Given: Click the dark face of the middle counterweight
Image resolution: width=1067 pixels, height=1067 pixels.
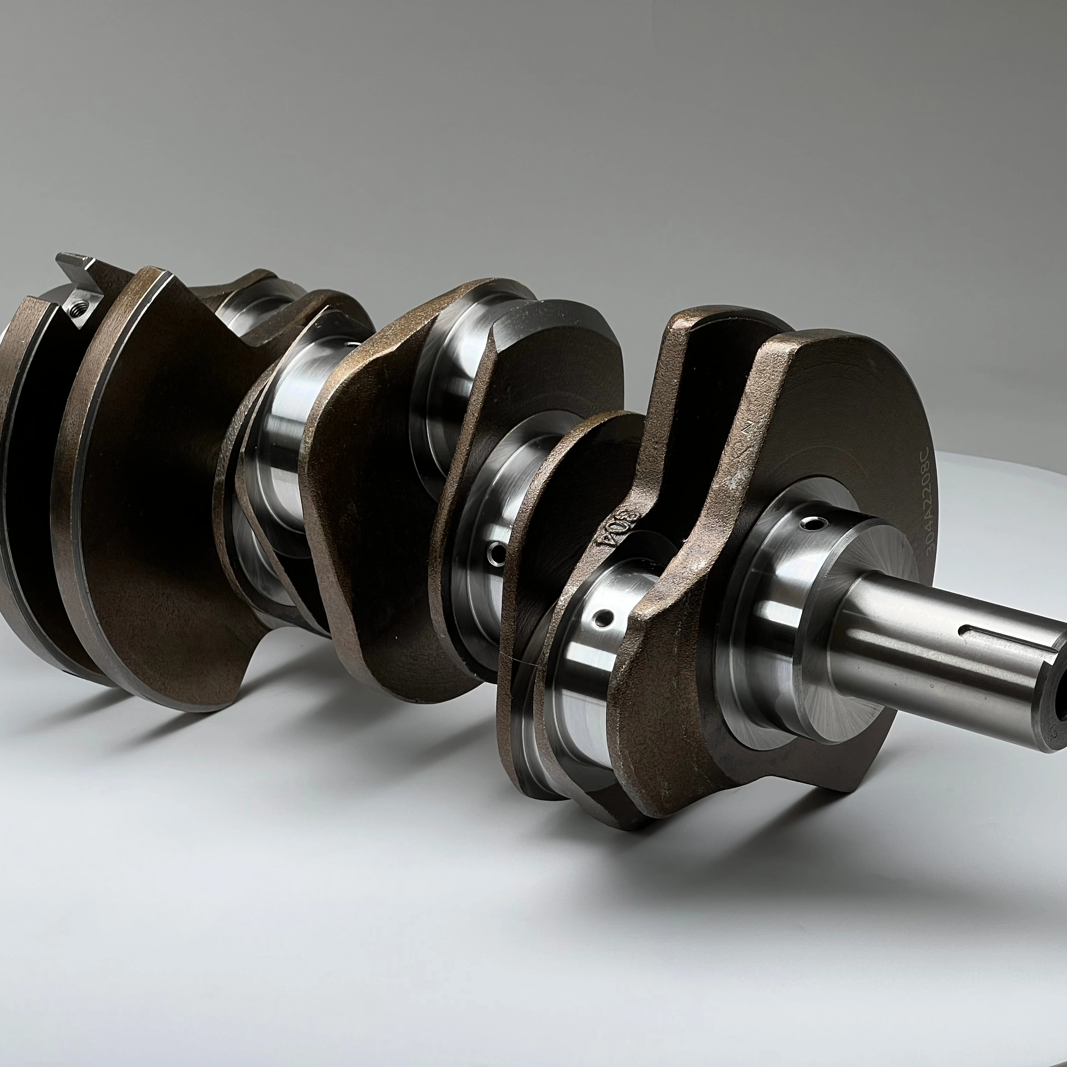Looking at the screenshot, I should tap(375, 486).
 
